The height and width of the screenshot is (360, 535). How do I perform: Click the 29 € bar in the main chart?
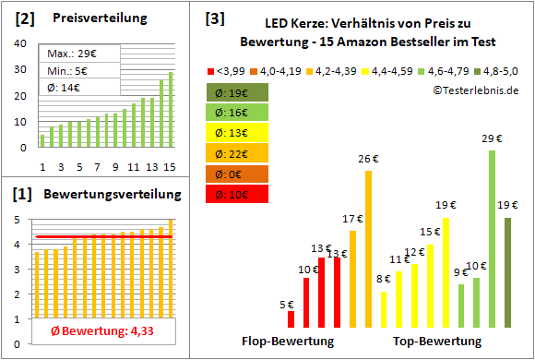coord(492,239)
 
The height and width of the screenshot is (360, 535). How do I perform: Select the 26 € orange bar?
coord(368,249)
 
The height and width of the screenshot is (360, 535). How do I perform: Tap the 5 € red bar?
coord(291,318)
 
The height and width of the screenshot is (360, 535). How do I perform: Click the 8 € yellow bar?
coord(384,309)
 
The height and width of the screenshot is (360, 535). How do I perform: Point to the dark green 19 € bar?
coord(507,272)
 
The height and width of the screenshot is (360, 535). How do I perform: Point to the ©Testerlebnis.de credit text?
coord(475,90)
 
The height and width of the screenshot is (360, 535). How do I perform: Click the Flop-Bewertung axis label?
coord(288,341)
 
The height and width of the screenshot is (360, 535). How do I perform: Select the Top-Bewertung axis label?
coord(437,341)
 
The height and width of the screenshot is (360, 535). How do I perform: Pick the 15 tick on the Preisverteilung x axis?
coord(170,166)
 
